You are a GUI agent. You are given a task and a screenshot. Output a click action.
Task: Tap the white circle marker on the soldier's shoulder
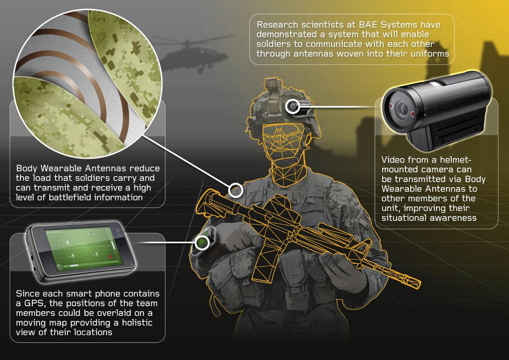tap(235, 190)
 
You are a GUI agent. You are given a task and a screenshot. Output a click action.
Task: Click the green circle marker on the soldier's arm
tap(201, 242)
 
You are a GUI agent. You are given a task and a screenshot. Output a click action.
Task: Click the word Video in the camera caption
tap(392, 160)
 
